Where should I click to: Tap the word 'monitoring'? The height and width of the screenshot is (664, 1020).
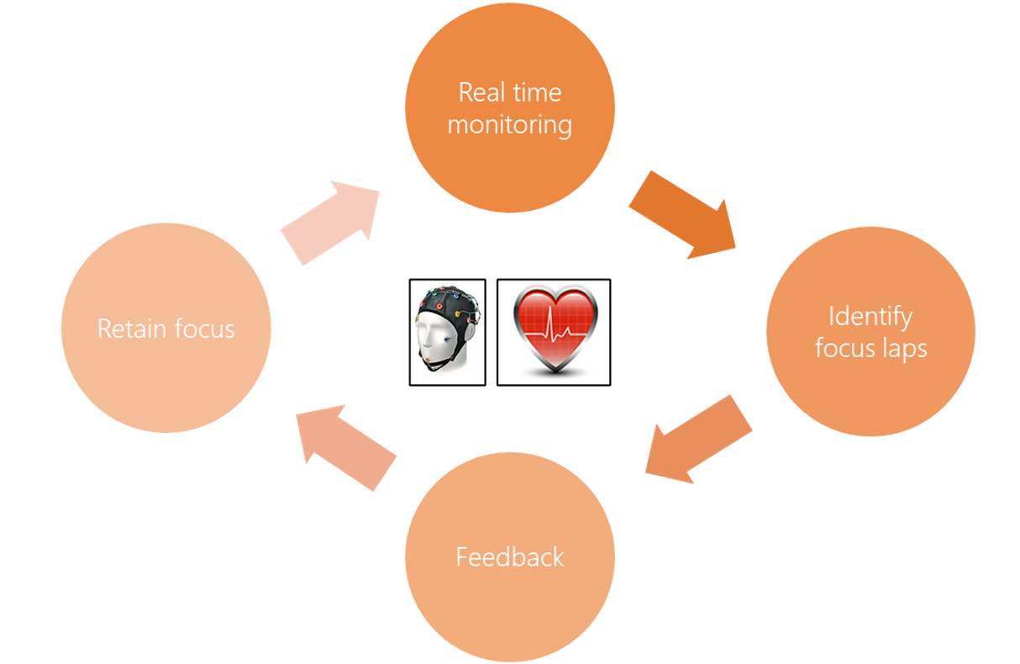pyautogui.click(x=510, y=125)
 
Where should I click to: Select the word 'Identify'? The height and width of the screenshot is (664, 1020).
pyautogui.click(x=870, y=317)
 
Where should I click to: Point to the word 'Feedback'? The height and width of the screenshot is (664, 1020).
pyautogui.click(x=510, y=557)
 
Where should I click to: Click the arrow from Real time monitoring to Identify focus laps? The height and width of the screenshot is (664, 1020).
pyautogui.click(x=682, y=213)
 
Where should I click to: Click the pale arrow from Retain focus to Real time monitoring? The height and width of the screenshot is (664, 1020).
pyautogui.click(x=331, y=221)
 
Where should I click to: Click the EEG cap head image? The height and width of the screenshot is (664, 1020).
pyautogui.click(x=447, y=332)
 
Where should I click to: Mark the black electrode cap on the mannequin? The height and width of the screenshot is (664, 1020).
pyautogui.click(x=447, y=300)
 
